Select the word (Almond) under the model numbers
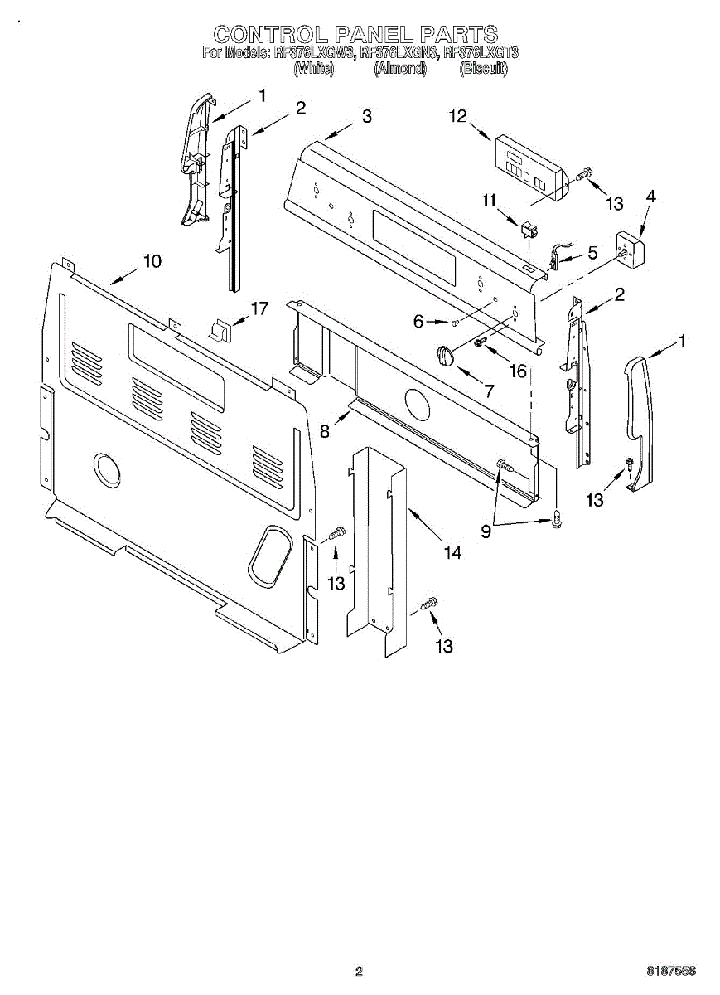pos(400,70)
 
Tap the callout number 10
pos(152,260)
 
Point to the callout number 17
pos(259,309)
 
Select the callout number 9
pos(486,531)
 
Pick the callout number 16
pos(518,371)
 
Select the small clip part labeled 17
pos(220,329)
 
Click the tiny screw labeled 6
pos(455,322)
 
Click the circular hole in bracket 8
pos(419,404)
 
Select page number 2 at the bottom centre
pos(359,970)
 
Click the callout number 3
pos(366,117)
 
